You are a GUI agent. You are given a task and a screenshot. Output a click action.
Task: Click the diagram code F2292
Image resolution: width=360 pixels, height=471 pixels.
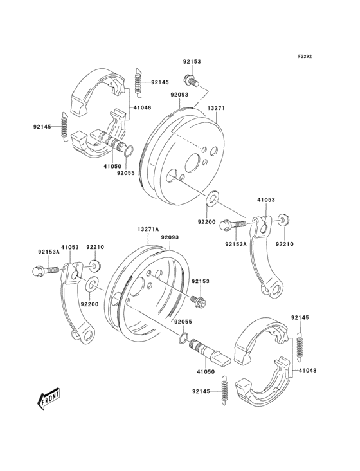point(304,57)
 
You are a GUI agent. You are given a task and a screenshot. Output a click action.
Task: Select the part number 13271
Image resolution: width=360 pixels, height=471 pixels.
point(215,109)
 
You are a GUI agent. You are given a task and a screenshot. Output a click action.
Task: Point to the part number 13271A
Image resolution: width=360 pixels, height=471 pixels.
point(147,228)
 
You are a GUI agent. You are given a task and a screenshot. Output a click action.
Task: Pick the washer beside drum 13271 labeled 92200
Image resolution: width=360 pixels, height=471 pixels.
point(211,196)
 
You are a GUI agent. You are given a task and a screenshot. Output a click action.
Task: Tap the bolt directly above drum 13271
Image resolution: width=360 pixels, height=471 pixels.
point(190,80)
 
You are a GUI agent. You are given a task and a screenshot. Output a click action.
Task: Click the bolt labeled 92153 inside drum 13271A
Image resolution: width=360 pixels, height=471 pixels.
point(197,299)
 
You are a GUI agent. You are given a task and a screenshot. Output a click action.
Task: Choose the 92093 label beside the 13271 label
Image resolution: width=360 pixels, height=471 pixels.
point(179,94)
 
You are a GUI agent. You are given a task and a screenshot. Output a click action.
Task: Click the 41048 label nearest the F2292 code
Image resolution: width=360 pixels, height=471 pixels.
point(143,107)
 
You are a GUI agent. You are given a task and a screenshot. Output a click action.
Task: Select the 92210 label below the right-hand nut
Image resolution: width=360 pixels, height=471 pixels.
point(285,243)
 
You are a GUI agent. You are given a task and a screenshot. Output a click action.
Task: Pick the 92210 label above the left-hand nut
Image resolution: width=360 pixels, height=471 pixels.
point(95,246)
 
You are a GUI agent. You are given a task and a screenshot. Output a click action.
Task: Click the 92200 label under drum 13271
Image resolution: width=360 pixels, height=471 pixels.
point(207,221)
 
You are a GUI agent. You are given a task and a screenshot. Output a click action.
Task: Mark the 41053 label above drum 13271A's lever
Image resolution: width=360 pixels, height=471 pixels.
point(70,246)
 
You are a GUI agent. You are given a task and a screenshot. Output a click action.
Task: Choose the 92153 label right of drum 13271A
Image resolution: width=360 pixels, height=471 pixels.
point(218,281)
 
